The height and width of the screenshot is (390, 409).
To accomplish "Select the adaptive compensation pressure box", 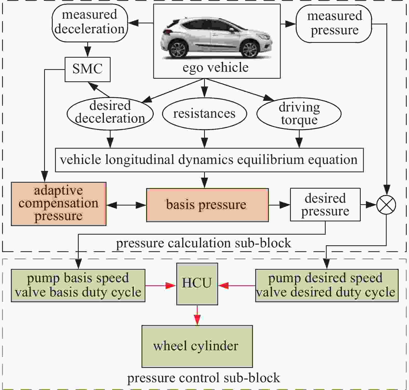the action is pos(59,204).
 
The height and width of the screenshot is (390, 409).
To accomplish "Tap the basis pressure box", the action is pos(207,205).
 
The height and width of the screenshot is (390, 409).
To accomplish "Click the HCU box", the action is pos(197,284).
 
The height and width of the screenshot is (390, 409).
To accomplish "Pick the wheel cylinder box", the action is pos(197,346).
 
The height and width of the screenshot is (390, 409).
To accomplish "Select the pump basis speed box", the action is pos(78,285).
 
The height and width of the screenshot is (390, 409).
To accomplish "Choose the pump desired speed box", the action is pos(327,285).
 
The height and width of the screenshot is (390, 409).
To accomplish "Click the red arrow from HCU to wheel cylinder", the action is pos(197,315).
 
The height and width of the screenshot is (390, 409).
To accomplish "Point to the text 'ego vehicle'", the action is pos(216,68).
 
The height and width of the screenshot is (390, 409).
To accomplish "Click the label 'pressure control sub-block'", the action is pos(204,378).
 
